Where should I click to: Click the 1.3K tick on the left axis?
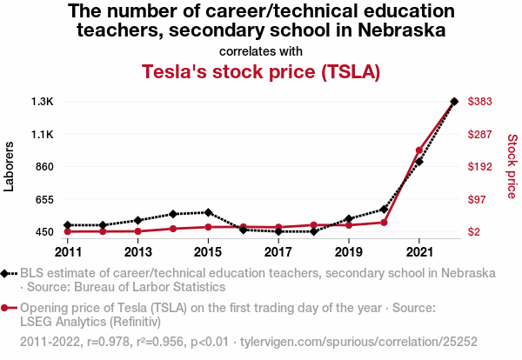[x=42, y=102]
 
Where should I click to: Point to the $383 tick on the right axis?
[x=481, y=102]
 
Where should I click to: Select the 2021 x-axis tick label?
[x=419, y=252]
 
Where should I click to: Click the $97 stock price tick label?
[x=478, y=199]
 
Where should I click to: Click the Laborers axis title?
[x=10, y=167]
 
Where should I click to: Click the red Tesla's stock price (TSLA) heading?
[x=261, y=71]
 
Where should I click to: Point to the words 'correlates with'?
[x=261, y=50]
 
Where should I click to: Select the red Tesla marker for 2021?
[x=419, y=150]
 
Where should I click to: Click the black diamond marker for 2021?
[x=419, y=162]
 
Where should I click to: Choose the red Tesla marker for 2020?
[x=384, y=223]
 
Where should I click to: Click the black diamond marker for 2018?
[x=313, y=231]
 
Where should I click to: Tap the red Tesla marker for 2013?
[x=137, y=231]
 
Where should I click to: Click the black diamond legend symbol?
[x=7, y=273]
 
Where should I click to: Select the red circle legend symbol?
[x=7, y=308]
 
